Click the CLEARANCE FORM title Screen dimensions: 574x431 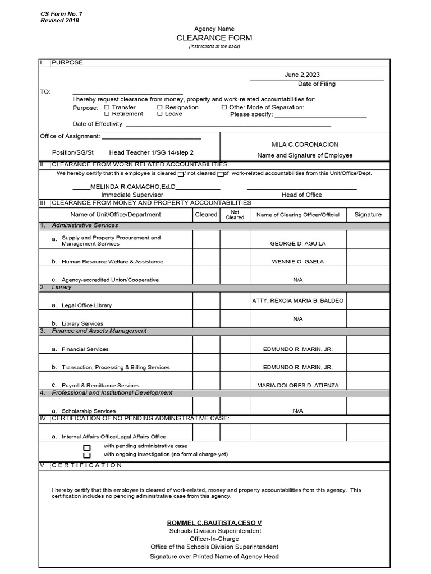point(214,38)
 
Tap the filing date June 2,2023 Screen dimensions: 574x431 point(302,75)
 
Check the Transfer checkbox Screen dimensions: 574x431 point(107,107)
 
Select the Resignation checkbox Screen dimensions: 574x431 point(160,107)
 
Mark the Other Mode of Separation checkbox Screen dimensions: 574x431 point(224,107)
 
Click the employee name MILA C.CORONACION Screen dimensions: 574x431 point(305,145)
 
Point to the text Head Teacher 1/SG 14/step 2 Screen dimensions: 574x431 point(151,152)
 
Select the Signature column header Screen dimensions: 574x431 point(368,215)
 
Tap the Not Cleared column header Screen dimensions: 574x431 point(235,215)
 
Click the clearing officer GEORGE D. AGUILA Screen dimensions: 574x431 point(297,244)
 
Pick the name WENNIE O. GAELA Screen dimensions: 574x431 point(297,262)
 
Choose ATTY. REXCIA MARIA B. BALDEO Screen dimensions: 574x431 point(297,301)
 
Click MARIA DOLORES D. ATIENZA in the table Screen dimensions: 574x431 point(297,386)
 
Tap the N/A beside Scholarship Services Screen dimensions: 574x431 point(297,411)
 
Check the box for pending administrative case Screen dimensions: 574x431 point(87,448)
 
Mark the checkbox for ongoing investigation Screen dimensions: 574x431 point(87,456)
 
